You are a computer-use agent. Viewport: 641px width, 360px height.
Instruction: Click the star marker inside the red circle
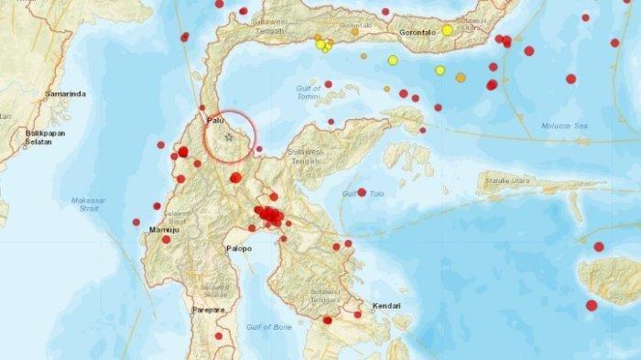tap(229, 136)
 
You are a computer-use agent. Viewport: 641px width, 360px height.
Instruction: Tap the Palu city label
tap(215, 119)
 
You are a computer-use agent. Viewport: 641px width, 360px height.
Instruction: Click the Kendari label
tap(388, 305)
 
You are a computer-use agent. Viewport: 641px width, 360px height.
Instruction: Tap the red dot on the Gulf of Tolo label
tap(362, 192)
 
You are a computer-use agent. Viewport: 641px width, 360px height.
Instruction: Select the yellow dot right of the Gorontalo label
tap(447, 30)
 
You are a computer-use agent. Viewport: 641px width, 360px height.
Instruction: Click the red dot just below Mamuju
tap(166, 239)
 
